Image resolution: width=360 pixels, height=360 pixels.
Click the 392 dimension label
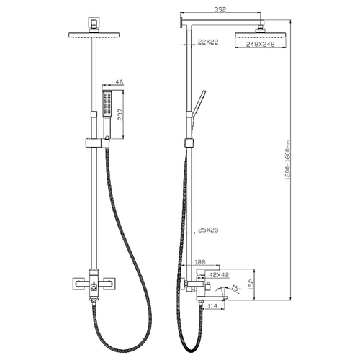tap(220, 9)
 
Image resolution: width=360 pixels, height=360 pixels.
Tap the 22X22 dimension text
tap(208, 42)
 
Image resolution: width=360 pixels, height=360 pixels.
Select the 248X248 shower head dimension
tap(261, 44)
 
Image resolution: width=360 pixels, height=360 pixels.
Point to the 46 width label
tap(120, 82)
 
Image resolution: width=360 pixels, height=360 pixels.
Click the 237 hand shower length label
tap(120, 114)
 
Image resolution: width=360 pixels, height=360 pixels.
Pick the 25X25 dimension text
tap(208, 230)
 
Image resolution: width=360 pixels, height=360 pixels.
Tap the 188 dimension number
tap(200, 262)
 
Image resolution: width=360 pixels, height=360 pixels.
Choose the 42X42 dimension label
tap(219, 274)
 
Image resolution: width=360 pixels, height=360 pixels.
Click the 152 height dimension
tap(251, 284)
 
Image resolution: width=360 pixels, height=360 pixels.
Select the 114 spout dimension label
tap(212, 306)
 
